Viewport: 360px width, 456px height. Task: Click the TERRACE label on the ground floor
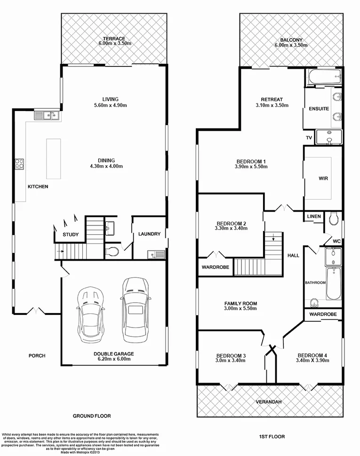pyautogui.click(x=115, y=38)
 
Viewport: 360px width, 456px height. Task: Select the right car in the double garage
pyautogui.click(x=136, y=310)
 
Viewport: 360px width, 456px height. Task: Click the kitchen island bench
pyautogui.click(x=53, y=159)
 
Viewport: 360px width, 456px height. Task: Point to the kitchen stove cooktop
pyautogui.click(x=20, y=164)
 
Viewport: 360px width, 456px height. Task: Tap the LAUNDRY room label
pyautogui.click(x=149, y=234)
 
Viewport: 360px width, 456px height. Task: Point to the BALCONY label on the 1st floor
pyautogui.click(x=291, y=40)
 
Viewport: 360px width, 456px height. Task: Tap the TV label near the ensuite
pyautogui.click(x=309, y=138)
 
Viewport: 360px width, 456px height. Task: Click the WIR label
pyautogui.click(x=323, y=179)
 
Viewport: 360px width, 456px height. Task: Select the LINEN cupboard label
pyautogui.click(x=314, y=216)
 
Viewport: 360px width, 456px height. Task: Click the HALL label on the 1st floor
pyautogui.click(x=293, y=256)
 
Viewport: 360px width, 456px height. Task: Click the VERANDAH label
pyautogui.click(x=269, y=402)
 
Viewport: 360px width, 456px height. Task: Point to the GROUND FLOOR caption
pyautogui.click(x=91, y=416)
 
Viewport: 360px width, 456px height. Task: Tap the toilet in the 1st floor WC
pyautogui.click(x=334, y=218)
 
